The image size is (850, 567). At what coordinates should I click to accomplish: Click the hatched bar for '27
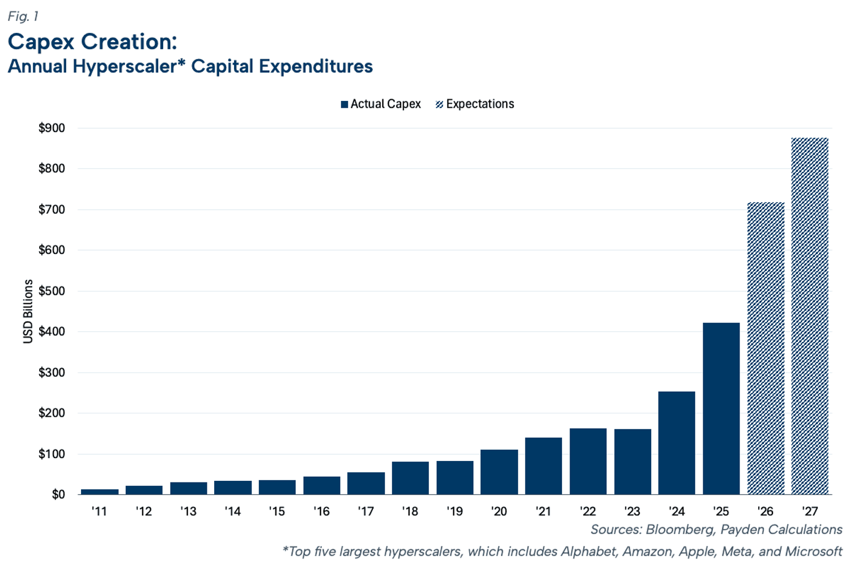pos(810,316)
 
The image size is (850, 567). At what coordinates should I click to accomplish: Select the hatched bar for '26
pos(766,348)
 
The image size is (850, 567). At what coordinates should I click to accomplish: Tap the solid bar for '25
pos(721,409)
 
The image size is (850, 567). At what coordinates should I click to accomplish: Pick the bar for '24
pos(677,443)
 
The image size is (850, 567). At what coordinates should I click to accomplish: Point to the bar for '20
pos(499,472)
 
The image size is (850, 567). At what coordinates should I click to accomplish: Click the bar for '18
pos(410,478)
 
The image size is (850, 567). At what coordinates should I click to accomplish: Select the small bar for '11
pos(100,492)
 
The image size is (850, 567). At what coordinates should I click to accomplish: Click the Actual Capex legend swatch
pos(345,104)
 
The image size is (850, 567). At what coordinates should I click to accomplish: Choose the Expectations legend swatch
pos(439,104)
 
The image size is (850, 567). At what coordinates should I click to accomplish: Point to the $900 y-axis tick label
pos(52,128)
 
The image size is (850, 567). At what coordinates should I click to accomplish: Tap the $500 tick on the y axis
pos(52,291)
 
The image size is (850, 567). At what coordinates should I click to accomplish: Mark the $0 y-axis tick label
pos(58,494)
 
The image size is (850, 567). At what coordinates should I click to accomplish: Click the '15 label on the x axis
pos(277,511)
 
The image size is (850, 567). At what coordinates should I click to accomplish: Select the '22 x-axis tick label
pos(588,511)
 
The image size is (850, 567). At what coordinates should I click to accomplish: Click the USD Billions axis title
pos(28,311)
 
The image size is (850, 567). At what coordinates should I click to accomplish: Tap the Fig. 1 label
pos(23,16)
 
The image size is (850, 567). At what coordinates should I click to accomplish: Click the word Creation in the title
pos(129,41)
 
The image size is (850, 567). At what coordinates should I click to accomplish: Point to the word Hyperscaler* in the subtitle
pos(129,66)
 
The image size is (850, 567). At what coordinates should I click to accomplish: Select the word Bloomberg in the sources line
pos(680,530)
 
